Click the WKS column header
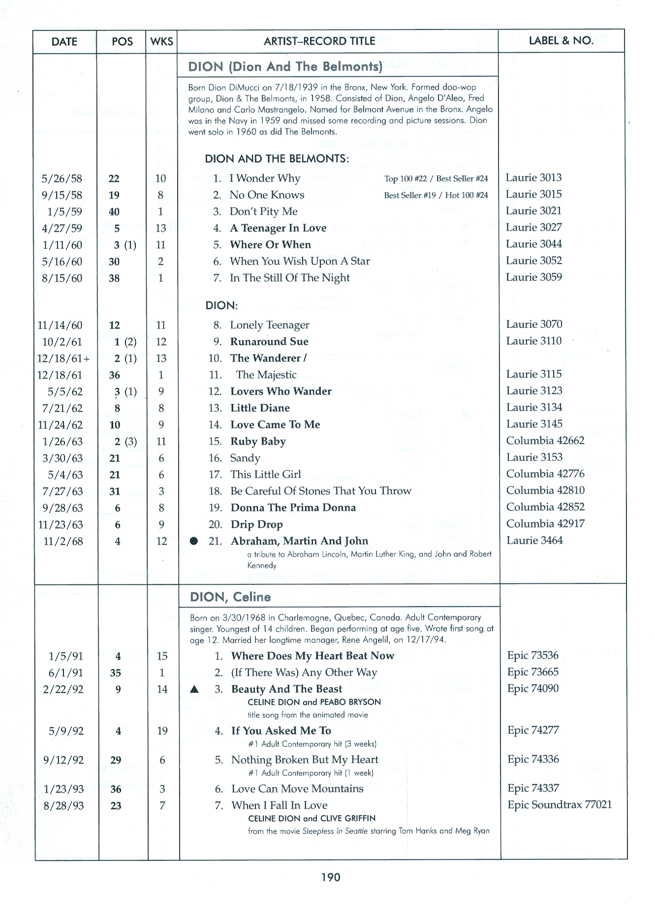coord(162,41)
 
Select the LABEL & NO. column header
coord(561,41)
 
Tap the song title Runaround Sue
coord(269,342)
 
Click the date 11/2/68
coord(63,541)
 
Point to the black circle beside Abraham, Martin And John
coord(194,541)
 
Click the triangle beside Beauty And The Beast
coord(194,690)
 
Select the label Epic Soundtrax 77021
coord(560,805)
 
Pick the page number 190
coord(331,877)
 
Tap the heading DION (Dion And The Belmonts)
coord(285,66)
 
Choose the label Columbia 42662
coord(545,440)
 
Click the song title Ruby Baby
coord(258,441)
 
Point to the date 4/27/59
coord(62,228)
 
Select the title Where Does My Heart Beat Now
coord(312,656)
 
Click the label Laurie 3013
coord(533,178)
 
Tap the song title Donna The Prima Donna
coord(293,508)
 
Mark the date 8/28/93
coord(63,806)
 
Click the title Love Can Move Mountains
coord(297,789)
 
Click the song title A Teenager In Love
coord(278,228)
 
